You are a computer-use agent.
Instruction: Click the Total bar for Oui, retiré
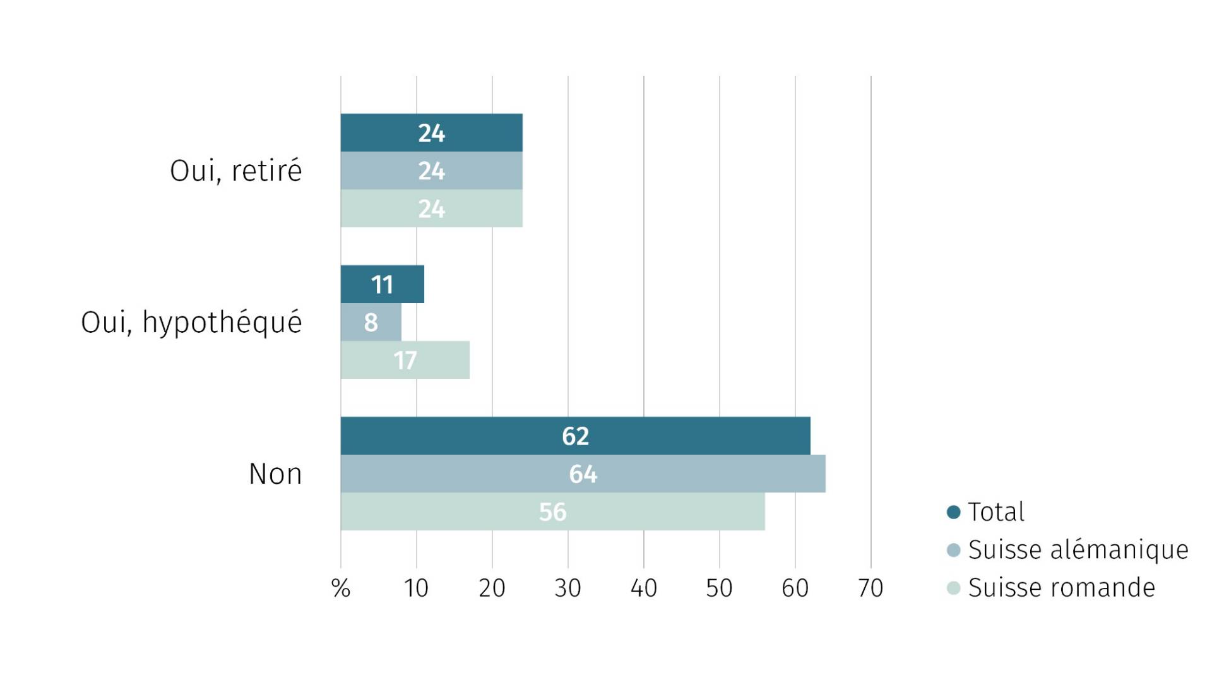431,133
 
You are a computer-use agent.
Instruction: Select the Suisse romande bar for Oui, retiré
431,208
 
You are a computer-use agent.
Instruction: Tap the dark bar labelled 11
382,284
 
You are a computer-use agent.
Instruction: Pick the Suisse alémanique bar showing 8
371,322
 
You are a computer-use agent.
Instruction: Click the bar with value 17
405,360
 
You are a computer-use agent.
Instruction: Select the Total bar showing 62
575,436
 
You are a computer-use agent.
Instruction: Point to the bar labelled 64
583,474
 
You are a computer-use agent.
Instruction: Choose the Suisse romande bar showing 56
552,512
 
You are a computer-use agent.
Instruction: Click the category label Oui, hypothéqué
191,323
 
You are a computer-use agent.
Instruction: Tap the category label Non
275,474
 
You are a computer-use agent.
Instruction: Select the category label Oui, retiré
235,171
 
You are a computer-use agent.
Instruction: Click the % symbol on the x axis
341,589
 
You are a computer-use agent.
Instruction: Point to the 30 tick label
567,589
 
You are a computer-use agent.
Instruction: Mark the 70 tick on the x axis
870,589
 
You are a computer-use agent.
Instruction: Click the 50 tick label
719,589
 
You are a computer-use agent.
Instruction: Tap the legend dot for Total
954,512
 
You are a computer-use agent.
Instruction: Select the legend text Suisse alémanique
1078,550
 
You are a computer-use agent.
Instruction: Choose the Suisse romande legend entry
1061,588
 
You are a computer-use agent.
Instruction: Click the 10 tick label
416,589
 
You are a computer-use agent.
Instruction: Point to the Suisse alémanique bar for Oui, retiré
431,170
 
